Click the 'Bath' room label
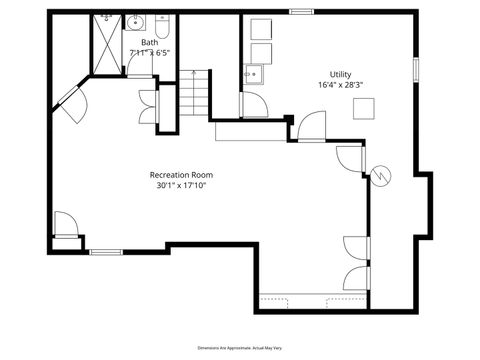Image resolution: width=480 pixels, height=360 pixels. pos(149,43)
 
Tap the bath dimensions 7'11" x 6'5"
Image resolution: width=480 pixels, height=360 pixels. pos(149,53)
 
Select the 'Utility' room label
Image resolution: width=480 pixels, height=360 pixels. pos(341,74)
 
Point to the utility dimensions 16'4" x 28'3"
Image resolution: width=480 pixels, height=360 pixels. pos(341,86)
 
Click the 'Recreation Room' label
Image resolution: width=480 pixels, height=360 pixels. pos(182,175)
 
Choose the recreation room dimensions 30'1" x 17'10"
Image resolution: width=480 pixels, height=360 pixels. pos(182,187)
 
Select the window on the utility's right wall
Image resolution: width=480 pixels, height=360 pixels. pos(416,69)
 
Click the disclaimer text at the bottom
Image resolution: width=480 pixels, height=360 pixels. pos(240,346)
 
